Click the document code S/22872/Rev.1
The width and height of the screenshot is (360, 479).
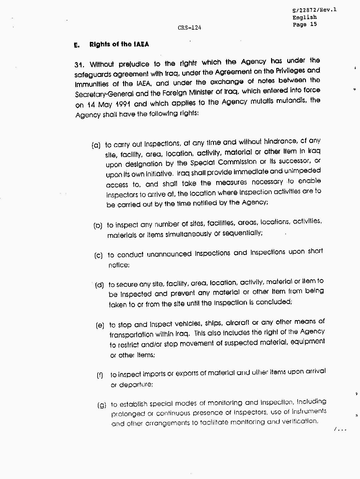[x=314, y=10]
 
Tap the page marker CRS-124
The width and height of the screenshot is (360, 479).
[x=190, y=28]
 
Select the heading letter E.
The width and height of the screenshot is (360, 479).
[x=77, y=45]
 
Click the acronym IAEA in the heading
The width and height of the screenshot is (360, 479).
[x=141, y=44]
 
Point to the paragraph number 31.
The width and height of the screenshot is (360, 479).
[x=80, y=65]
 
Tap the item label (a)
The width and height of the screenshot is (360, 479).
[x=96, y=145]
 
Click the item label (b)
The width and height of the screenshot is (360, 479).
[x=98, y=226]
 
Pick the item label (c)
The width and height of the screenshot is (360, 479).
[x=98, y=256]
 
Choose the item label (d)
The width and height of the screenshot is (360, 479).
[x=99, y=285]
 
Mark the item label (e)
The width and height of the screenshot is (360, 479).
[x=100, y=325]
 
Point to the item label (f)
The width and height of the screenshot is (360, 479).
[x=100, y=375]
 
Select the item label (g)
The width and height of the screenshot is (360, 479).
[x=102, y=405]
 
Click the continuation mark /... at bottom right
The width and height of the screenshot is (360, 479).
[x=341, y=429]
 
